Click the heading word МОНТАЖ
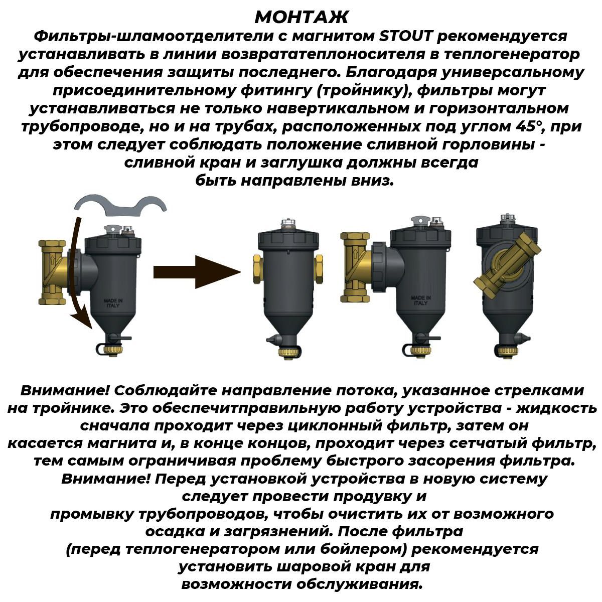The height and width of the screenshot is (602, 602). point(302,17)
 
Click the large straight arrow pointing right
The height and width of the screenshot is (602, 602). point(197,272)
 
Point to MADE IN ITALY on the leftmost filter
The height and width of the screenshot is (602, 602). point(113,303)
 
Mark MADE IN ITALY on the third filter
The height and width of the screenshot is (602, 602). point(420,300)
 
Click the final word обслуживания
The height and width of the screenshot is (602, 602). point(359,584)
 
